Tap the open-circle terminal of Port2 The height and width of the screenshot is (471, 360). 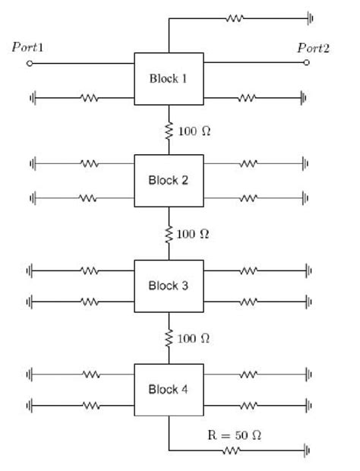(x=307, y=63)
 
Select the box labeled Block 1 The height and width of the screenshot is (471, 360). (x=169, y=78)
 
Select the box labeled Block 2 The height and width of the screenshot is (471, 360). (x=169, y=180)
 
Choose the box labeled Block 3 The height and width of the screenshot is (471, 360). (x=169, y=286)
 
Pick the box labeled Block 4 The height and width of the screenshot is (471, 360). (x=169, y=389)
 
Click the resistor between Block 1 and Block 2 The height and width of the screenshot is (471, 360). (x=169, y=130)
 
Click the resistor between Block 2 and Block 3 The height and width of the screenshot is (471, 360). (x=169, y=232)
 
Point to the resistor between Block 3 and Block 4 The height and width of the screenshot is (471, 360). (x=169, y=337)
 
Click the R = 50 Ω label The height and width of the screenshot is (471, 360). (x=235, y=435)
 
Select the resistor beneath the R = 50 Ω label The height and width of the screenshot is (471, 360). (x=232, y=450)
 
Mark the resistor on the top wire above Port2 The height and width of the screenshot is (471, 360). (x=235, y=17)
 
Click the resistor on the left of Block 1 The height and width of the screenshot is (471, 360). (x=90, y=97)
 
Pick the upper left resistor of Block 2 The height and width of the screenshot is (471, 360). (x=90, y=163)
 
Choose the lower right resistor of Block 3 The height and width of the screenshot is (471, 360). (x=248, y=302)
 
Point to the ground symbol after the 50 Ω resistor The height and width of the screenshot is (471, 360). (x=307, y=450)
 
